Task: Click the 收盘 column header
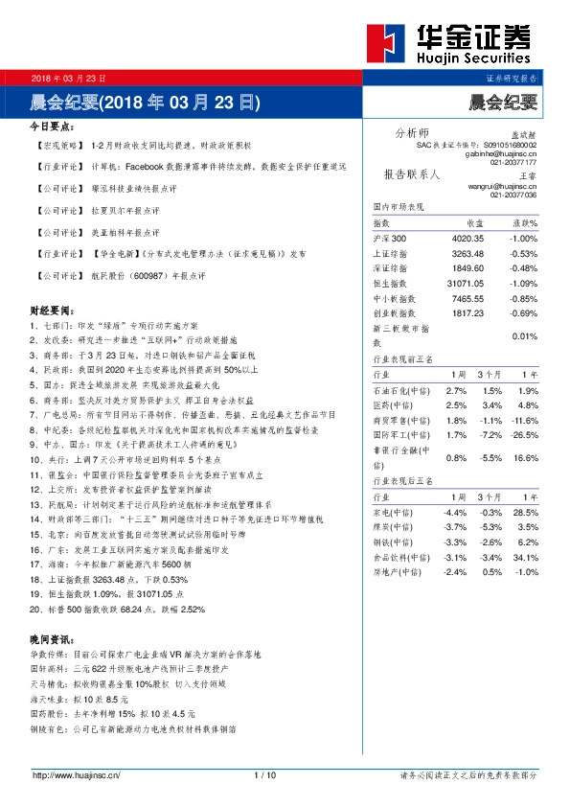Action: (475, 222)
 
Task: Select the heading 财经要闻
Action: (52, 311)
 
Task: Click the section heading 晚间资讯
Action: (52, 639)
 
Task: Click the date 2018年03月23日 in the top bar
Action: (68, 78)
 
